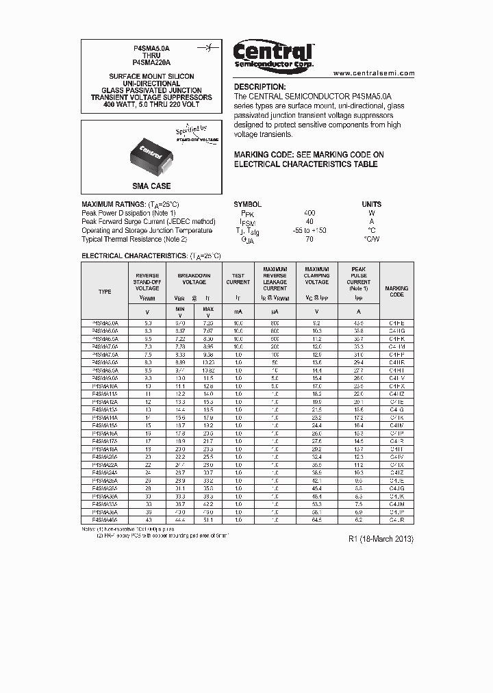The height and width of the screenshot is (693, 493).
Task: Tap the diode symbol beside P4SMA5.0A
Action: click(x=203, y=49)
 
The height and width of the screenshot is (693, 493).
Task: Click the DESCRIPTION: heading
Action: click(x=260, y=87)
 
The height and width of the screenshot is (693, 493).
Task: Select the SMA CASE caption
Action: click(x=151, y=186)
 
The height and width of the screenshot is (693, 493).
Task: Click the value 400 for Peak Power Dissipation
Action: click(x=309, y=213)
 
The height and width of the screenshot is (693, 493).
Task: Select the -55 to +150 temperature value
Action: click(x=309, y=231)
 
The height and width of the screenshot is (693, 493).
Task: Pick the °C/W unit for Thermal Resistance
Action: click(x=372, y=240)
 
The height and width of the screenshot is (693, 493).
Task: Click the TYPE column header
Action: click(x=105, y=292)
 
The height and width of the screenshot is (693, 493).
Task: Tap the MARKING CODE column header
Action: click(x=396, y=292)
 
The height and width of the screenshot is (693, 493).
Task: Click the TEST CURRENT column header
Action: click(x=238, y=279)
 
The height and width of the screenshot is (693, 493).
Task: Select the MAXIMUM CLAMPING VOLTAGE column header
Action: click(x=317, y=276)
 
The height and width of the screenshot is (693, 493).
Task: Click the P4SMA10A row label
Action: click(x=105, y=386)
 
